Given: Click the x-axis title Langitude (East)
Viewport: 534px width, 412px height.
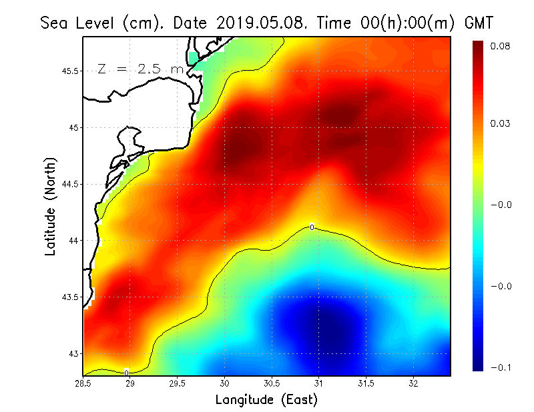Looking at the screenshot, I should pos(266,399).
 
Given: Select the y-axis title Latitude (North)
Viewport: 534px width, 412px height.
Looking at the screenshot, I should pos(51,206).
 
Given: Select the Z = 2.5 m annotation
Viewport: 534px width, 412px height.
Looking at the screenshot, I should pos(140,69).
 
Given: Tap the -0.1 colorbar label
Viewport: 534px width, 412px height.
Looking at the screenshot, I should pos(501,368).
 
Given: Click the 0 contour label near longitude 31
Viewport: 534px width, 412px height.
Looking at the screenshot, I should pos(312,227).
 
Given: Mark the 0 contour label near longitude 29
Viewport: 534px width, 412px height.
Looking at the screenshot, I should pos(126,372).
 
